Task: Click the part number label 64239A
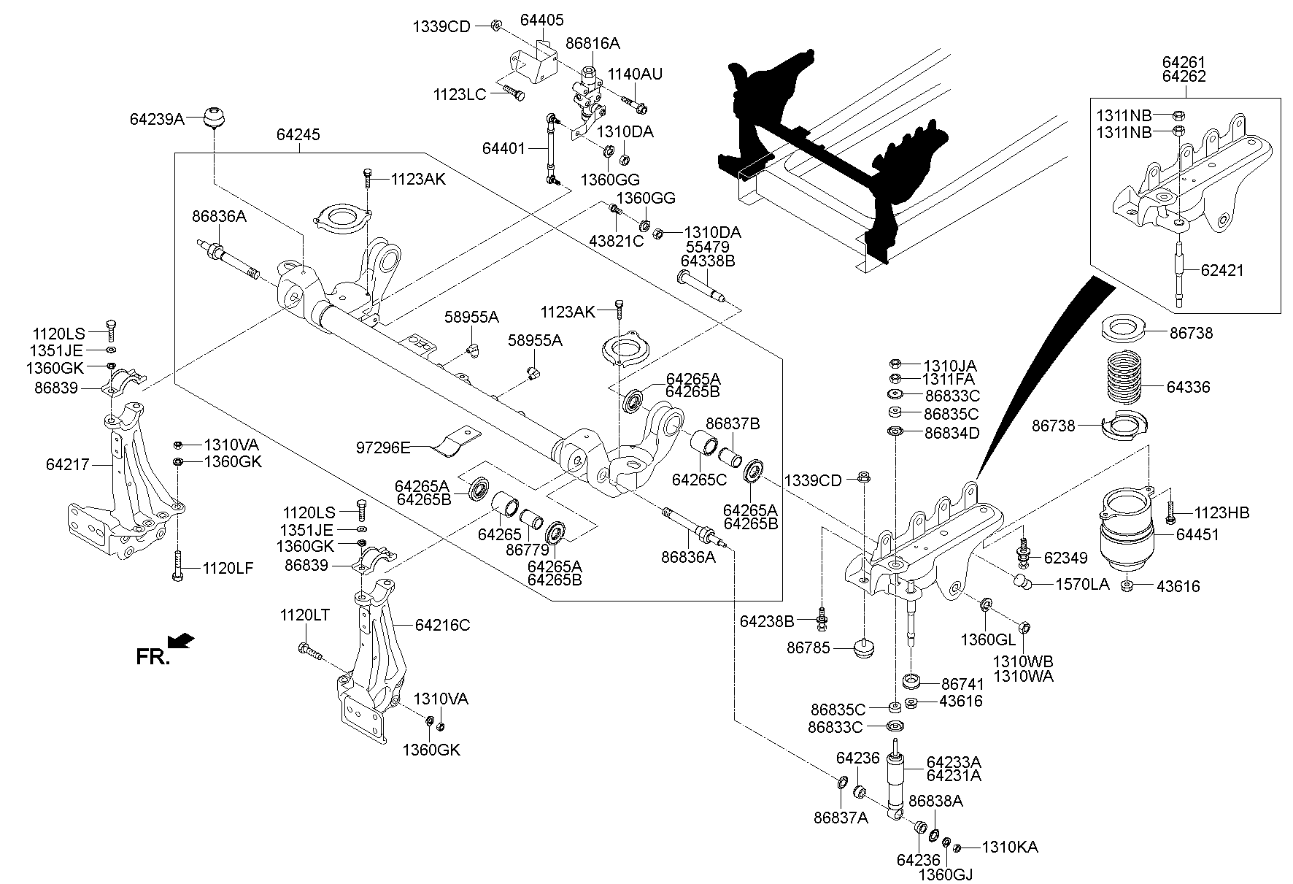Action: click(156, 118)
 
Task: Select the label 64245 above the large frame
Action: click(298, 135)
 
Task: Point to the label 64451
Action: click(1197, 534)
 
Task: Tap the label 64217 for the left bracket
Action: click(67, 464)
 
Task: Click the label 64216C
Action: click(442, 625)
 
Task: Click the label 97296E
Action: click(383, 447)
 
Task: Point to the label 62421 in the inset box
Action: click(1222, 270)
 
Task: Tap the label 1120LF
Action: click(228, 567)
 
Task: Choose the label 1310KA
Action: click(1010, 848)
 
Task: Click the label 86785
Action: click(808, 647)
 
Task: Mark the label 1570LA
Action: click(1084, 584)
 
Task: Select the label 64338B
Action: click(708, 261)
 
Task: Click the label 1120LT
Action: click(304, 615)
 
